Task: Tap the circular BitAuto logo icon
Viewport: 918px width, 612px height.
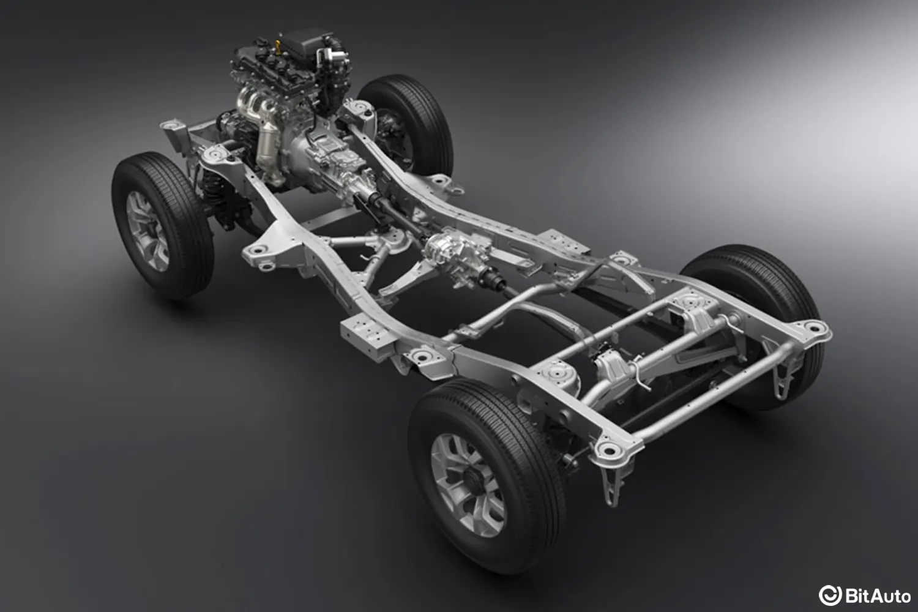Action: pos(830,595)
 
